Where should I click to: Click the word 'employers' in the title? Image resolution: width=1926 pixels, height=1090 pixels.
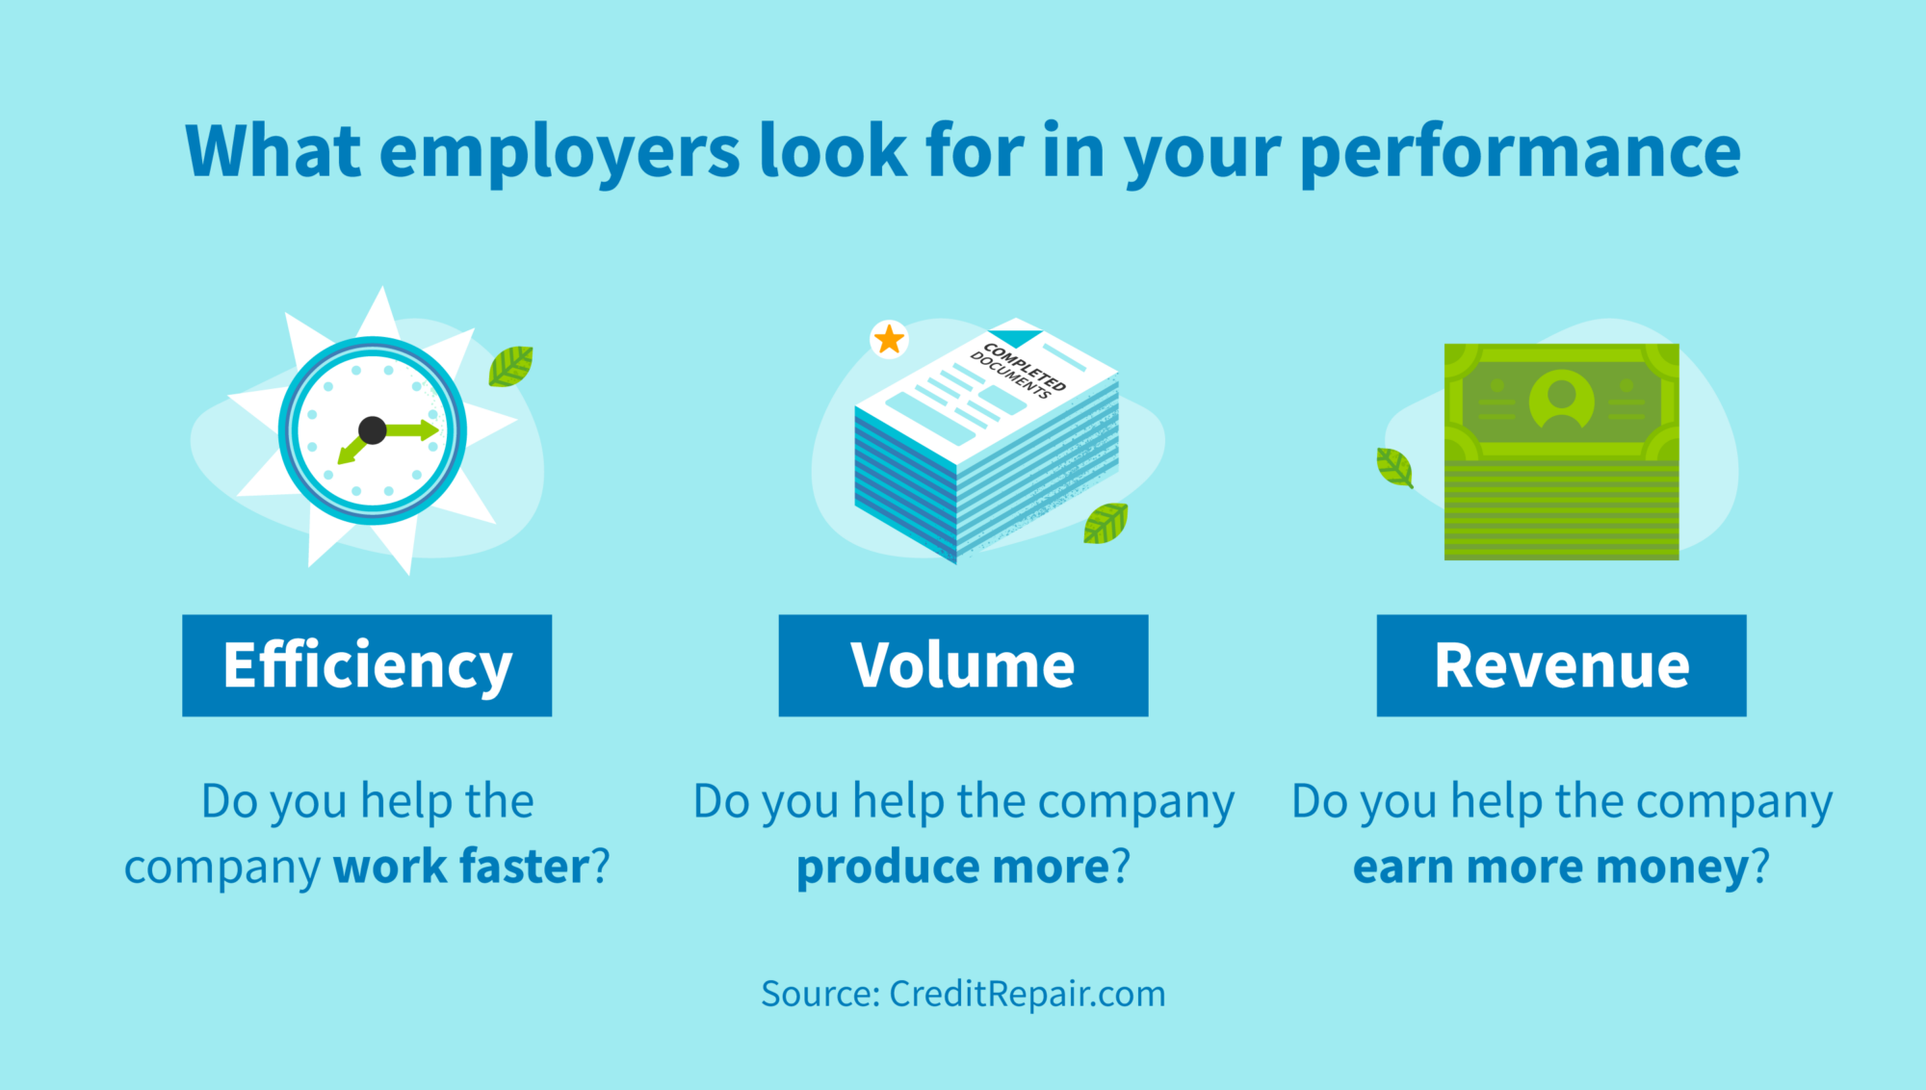click(560, 152)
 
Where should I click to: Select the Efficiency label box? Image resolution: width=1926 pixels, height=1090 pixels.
click(367, 665)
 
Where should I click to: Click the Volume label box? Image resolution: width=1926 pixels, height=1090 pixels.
click(963, 665)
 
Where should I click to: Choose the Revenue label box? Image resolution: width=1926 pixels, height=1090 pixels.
click(1561, 665)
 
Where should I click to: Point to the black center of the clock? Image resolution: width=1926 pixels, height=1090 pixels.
click(373, 430)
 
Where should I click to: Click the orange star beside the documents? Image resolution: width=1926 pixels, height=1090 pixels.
click(889, 340)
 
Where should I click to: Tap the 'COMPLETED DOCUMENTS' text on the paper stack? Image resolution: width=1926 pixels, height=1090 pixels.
click(1019, 370)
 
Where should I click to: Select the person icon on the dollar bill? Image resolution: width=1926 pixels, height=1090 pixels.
click(1561, 399)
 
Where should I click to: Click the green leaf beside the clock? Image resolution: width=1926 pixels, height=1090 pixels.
click(510, 366)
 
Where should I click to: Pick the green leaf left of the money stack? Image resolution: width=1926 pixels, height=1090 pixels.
click(1394, 468)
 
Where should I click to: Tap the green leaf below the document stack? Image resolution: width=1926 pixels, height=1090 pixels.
click(1106, 523)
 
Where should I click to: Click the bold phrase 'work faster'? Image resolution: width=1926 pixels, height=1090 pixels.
click(461, 866)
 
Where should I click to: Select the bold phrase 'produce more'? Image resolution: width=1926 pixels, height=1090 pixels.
click(953, 866)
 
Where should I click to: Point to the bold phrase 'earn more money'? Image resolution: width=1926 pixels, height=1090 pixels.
click(1550, 866)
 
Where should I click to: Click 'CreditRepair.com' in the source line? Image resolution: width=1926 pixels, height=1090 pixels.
click(1027, 994)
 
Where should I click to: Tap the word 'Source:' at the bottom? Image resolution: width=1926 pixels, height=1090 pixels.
click(820, 994)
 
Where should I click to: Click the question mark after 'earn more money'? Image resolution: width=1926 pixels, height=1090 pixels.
click(1760, 866)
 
